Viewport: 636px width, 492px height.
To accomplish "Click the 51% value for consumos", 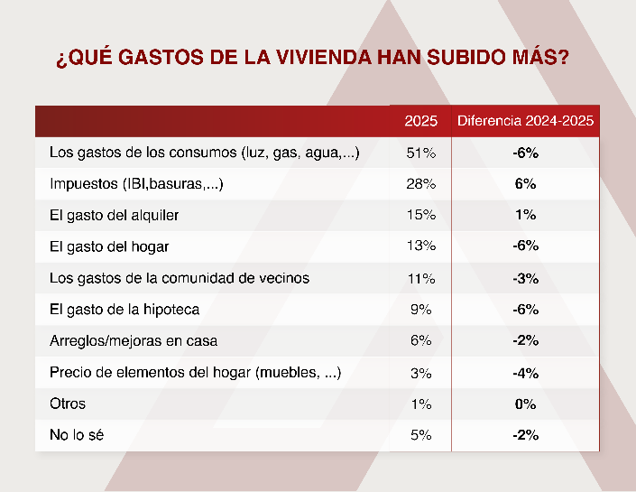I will pyautogui.click(x=420, y=153).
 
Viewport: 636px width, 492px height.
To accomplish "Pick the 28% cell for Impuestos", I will pyautogui.click(x=420, y=184).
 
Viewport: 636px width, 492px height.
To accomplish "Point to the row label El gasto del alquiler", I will pyautogui.click(x=115, y=215).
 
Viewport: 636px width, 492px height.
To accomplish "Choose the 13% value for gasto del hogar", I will pyautogui.click(x=420, y=246).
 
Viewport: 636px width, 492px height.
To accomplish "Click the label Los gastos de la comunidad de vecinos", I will pyautogui.click(x=180, y=277).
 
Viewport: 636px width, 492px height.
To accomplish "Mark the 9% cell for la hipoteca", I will pyautogui.click(x=420, y=309).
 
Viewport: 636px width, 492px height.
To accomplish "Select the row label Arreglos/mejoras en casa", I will pyautogui.click(x=134, y=340).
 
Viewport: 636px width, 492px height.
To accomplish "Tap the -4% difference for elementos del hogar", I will pyautogui.click(x=525, y=372).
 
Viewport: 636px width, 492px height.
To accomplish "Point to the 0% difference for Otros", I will pyautogui.click(x=525, y=404).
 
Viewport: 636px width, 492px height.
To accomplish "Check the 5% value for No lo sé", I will pyautogui.click(x=420, y=434).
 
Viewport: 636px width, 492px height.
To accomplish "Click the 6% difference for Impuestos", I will pyautogui.click(x=525, y=184).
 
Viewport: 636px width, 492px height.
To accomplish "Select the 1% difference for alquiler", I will pyautogui.click(x=525, y=215).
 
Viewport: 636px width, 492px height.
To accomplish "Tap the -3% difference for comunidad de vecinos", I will pyautogui.click(x=525, y=277).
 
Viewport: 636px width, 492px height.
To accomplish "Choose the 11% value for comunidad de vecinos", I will pyautogui.click(x=420, y=277).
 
